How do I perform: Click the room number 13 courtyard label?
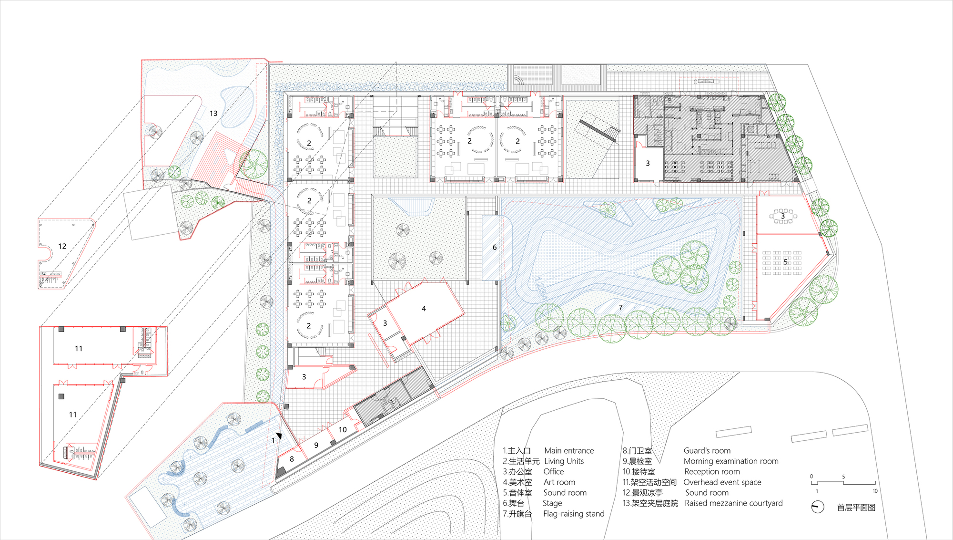213,114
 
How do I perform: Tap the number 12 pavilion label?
62,246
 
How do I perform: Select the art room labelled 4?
424,309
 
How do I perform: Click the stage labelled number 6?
495,247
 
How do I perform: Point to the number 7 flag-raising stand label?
620,308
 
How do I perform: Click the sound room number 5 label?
786,262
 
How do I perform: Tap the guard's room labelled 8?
292,459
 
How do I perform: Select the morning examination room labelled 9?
316,445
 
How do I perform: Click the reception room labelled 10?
343,430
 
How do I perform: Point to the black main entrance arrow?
279,436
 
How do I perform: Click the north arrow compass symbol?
818,507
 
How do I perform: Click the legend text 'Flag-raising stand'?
574,514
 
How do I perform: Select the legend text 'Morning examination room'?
731,461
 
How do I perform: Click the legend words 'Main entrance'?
569,451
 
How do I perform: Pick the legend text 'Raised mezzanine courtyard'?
733,503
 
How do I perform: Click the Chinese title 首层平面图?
856,508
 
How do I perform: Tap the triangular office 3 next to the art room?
385,323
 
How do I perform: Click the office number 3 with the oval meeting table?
782,216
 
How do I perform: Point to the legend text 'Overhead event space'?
722,482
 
